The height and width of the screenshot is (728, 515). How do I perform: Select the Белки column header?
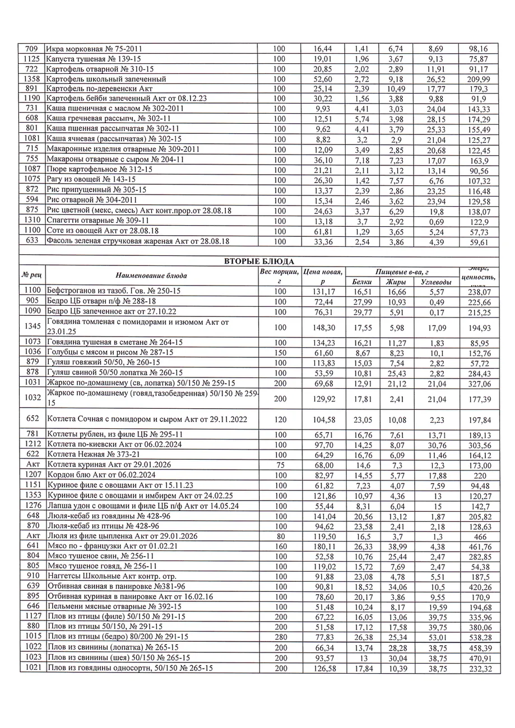(361, 282)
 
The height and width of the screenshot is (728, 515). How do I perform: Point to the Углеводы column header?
(435, 282)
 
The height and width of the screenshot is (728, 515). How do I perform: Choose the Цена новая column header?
(322, 276)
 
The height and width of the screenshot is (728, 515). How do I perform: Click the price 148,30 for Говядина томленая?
(322, 327)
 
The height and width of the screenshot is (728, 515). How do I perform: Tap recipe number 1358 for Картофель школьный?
(31, 79)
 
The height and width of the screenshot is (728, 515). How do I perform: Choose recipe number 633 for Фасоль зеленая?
(31, 242)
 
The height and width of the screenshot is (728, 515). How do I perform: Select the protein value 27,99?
(361, 302)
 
